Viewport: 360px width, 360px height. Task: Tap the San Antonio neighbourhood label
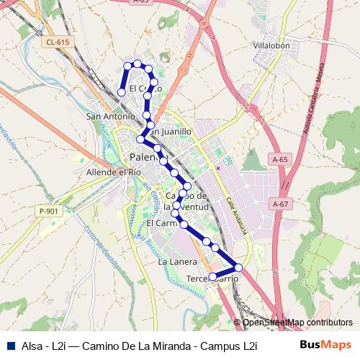(109, 116)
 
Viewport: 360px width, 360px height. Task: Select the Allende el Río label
(113, 173)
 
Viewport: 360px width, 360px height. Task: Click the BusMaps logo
(325, 345)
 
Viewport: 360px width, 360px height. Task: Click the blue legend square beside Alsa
(9, 345)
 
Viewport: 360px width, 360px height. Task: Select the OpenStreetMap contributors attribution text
(297, 322)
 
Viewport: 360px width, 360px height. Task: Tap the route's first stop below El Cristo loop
(122, 92)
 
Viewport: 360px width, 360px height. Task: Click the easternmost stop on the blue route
(238, 269)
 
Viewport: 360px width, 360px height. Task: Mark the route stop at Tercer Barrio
(212, 276)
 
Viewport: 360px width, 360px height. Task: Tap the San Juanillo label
(170, 132)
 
